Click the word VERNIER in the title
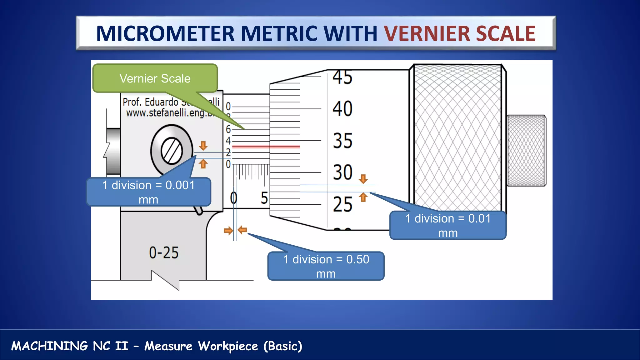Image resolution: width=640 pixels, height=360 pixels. (427, 33)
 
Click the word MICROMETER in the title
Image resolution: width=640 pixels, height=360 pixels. (165, 33)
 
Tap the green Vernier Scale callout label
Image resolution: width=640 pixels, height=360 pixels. (155, 78)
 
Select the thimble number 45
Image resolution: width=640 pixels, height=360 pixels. (342, 77)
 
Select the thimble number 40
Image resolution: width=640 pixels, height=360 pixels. (342, 109)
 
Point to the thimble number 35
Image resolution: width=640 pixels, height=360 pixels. (342, 141)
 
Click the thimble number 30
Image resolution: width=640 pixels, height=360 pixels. (342, 172)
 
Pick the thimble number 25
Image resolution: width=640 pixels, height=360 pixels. (342, 204)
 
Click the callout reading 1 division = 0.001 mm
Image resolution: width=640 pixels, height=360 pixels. (148, 192)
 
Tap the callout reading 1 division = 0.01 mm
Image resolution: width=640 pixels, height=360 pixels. (447, 225)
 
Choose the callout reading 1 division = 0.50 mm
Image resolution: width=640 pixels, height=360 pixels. (326, 266)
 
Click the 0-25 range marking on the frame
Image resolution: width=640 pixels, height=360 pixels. (163, 252)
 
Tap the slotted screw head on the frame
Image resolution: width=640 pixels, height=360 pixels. (172, 151)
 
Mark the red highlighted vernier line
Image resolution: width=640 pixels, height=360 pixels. (266, 146)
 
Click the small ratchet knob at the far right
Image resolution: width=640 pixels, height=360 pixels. (526, 151)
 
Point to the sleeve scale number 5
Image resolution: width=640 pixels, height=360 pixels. (264, 198)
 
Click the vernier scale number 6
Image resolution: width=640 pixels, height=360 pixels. (228, 129)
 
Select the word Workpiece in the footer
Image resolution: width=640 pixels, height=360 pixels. (228, 346)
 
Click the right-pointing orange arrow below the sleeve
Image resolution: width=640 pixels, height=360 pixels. (228, 231)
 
